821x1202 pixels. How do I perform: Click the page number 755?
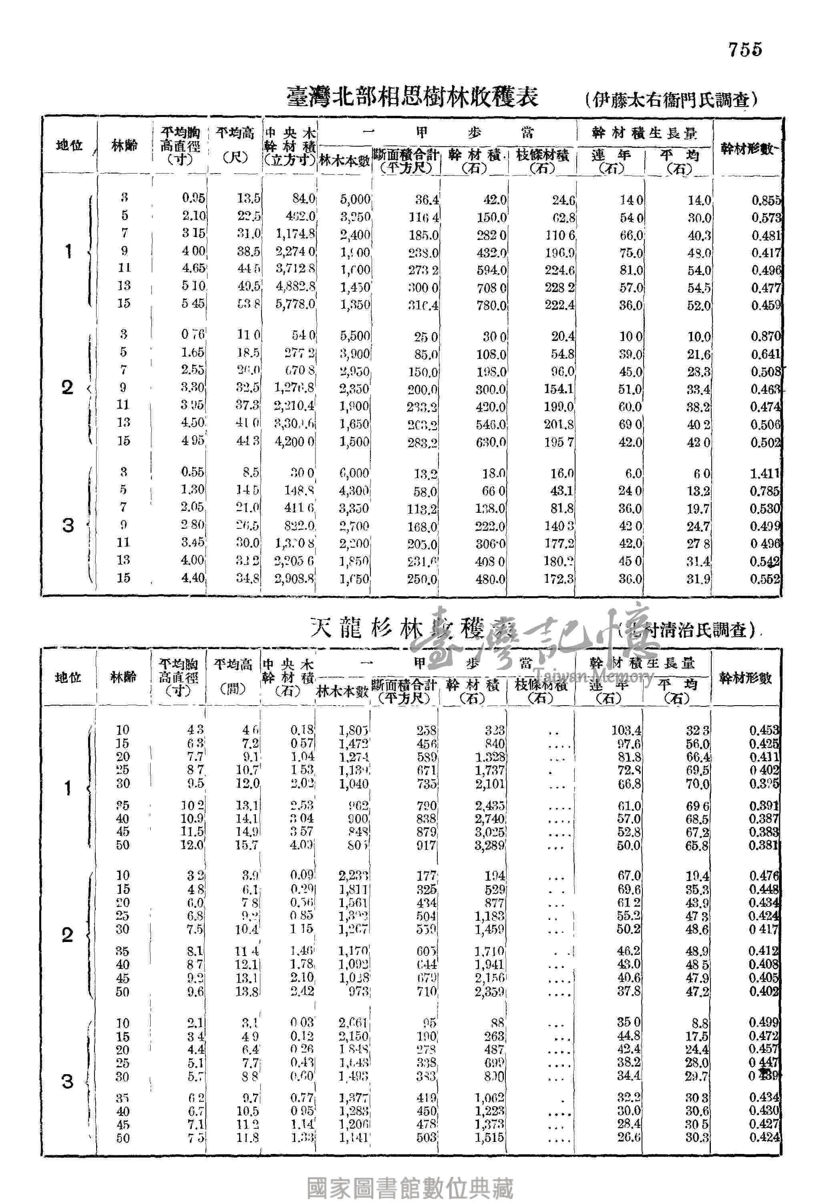(745, 50)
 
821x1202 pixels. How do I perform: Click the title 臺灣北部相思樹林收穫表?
(413, 97)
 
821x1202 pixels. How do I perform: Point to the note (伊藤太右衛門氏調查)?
(672, 99)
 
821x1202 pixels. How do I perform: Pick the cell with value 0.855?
(766, 200)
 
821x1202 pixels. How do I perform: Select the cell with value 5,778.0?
(295, 304)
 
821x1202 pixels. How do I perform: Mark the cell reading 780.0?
(491, 305)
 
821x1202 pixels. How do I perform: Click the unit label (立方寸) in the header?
(290, 160)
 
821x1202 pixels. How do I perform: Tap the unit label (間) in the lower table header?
(233, 690)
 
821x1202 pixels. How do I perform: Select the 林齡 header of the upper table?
(125, 146)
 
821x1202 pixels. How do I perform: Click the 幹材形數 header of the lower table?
(745, 678)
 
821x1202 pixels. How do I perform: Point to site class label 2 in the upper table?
(68, 387)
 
